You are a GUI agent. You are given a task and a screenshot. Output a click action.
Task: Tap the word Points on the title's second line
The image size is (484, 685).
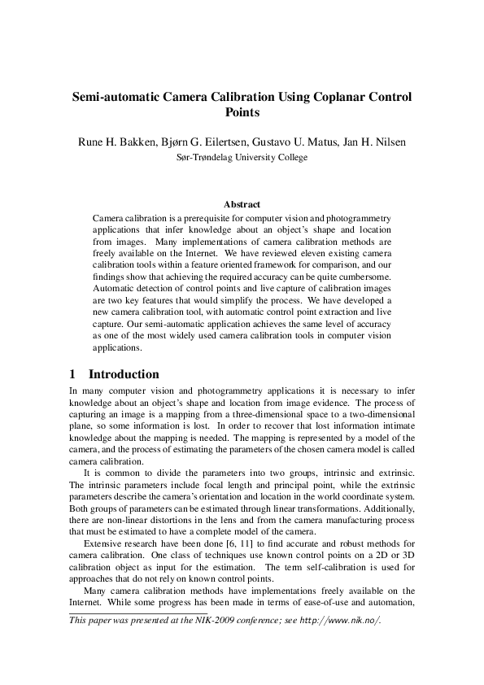point(242,113)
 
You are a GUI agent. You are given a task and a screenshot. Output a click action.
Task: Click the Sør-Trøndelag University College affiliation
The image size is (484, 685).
point(242,157)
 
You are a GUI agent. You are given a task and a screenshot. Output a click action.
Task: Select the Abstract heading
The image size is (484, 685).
point(242,205)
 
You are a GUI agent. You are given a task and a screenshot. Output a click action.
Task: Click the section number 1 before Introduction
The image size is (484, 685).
point(72,374)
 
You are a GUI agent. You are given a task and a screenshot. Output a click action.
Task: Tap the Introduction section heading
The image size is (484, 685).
point(124,374)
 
